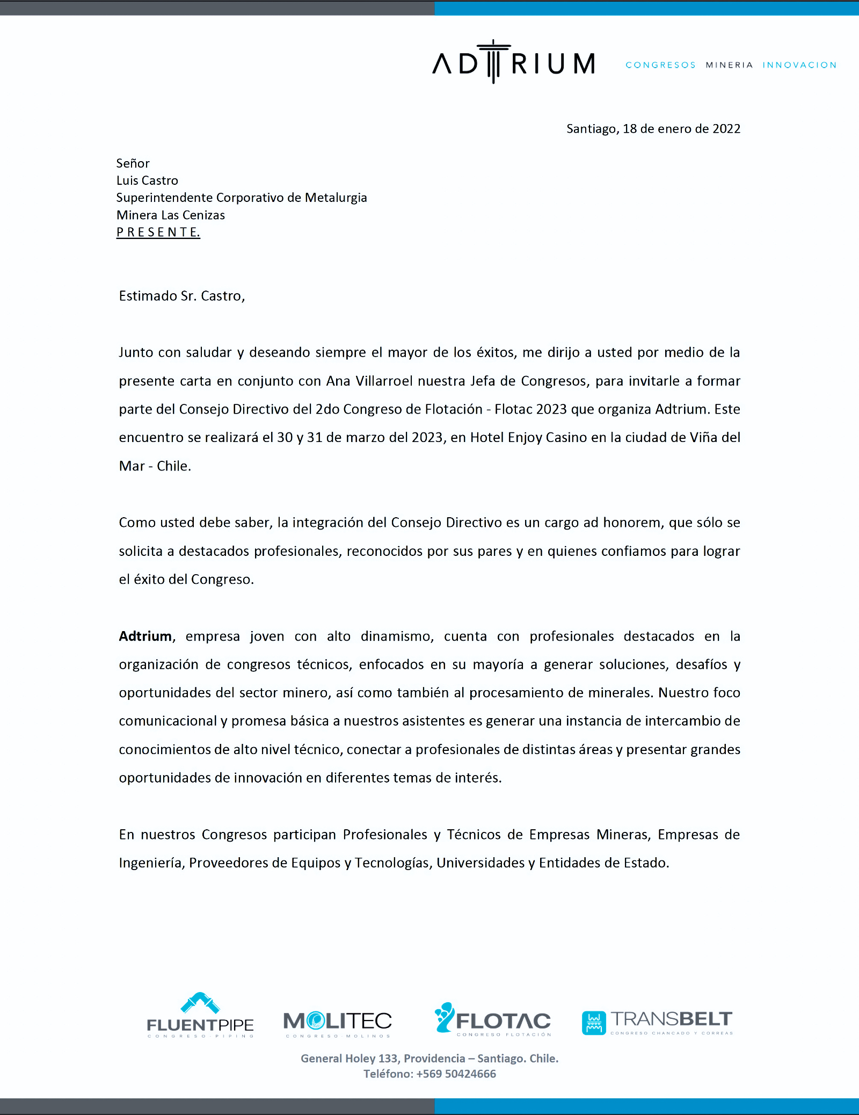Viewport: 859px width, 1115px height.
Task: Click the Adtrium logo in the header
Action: tap(513, 63)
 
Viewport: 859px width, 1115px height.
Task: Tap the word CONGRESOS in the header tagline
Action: tap(660, 65)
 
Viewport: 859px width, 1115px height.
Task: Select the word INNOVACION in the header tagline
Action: tap(799, 65)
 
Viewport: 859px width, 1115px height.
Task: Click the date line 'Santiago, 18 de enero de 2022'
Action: tap(653, 129)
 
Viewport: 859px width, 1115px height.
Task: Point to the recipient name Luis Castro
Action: tap(147, 180)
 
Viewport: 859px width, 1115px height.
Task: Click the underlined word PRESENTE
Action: tap(158, 232)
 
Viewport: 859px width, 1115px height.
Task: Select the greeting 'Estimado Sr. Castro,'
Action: tap(181, 296)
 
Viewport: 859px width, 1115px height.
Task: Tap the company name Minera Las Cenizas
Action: tap(171, 215)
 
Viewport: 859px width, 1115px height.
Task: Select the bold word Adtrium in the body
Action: tap(145, 636)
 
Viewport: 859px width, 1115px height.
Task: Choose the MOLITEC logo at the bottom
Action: tap(338, 1022)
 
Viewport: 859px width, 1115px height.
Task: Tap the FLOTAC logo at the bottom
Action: tap(493, 1019)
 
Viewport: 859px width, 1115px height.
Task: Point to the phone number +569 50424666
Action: tap(456, 1074)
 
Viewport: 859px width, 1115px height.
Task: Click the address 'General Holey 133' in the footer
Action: tap(349, 1058)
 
